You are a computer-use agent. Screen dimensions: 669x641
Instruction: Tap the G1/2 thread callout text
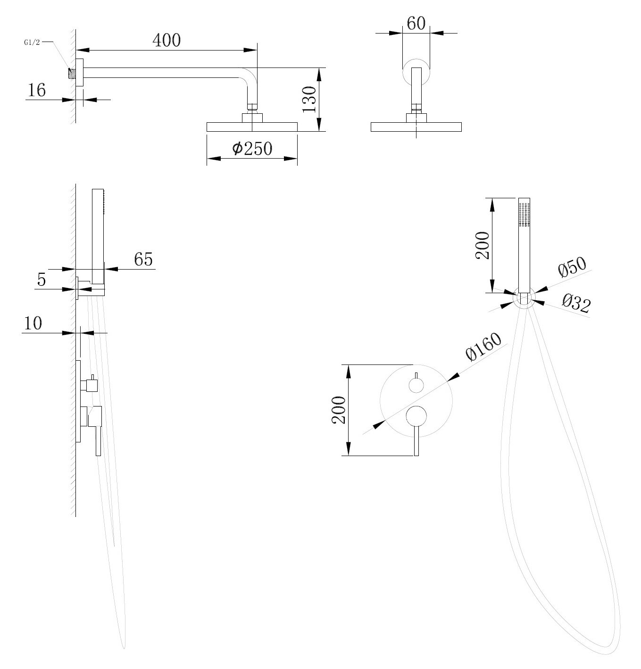click(x=32, y=42)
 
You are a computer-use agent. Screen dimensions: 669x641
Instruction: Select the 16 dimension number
click(x=36, y=90)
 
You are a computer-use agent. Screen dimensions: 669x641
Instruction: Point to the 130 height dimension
click(x=309, y=99)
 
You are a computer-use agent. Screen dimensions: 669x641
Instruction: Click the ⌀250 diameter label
click(x=252, y=149)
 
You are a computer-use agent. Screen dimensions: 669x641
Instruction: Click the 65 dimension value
click(x=144, y=259)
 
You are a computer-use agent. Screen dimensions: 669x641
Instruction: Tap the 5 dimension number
click(x=42, y=280)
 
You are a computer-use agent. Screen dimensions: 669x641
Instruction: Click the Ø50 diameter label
click(x=571, y=268)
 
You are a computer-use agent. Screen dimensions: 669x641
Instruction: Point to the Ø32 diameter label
click(x=576, y=303)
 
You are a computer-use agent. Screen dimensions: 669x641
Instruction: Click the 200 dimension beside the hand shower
click(x=482, y=246)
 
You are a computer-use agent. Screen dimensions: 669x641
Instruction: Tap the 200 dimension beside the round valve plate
click(x=339, y=410)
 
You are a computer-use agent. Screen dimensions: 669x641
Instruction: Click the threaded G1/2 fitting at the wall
click(x=72, y=73)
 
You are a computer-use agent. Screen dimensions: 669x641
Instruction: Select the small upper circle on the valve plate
click(x=416, y=385)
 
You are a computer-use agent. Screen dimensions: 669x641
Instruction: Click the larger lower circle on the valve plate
click(x=416, y=415)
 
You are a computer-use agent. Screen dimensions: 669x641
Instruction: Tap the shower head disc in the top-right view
click(x=416, y=127)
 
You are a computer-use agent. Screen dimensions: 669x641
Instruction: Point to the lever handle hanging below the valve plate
click(x=416, y=441)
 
